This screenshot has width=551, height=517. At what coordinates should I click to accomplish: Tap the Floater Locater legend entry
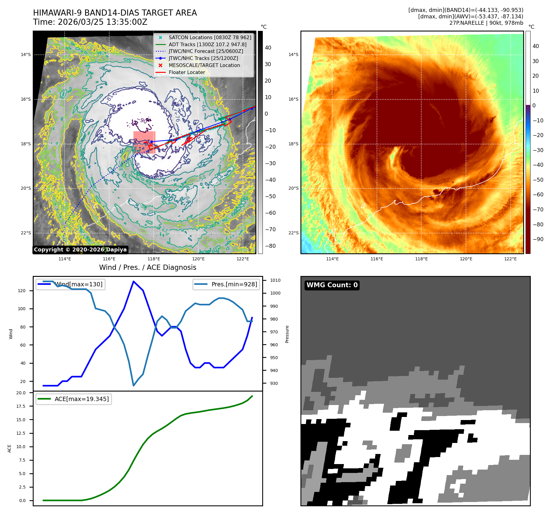(x=187, y=72)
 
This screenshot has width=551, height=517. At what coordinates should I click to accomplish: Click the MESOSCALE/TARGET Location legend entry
(x=204, y=65)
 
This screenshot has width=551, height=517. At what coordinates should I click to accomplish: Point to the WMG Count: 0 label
(x=332, y=285)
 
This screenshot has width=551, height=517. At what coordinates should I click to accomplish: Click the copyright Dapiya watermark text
(x=80, y=250)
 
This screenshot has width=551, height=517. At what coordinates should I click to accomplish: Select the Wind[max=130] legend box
(x=71, y=284)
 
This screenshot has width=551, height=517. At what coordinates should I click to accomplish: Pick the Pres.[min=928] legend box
(x=226, y=284)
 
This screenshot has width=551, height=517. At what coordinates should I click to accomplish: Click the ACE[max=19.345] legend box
(x=74, y=399)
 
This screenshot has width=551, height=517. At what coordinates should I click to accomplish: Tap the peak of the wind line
(x=133, y=281)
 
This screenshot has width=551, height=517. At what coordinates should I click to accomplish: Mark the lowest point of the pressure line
(x=133, y=385)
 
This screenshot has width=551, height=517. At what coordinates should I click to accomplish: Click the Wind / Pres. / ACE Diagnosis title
(x=147, y=267)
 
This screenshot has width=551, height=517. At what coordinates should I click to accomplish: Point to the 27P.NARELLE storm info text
(x=486, y=23)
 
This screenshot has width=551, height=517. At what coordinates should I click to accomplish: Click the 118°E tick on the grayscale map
(x=154, y=259)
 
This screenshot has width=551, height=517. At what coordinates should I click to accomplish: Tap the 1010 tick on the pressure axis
(x=275, y=280)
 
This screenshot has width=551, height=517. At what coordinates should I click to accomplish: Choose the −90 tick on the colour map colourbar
(x=538, y=239)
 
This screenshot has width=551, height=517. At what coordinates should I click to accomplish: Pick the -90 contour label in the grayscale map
(x=143, y=121)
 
